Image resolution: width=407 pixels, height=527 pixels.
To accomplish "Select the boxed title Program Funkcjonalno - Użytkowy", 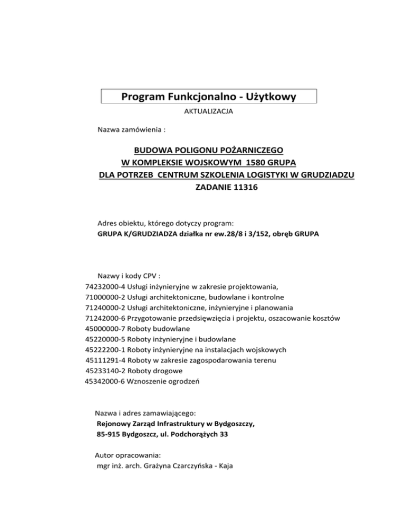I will pyautogui.click(x=208, y=96).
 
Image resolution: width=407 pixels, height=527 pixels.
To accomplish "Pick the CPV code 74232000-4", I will pyautogui.click(x=105, y=287).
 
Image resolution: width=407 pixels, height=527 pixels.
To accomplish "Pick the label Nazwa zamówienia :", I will pyautogui.click(x=127, y=129).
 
